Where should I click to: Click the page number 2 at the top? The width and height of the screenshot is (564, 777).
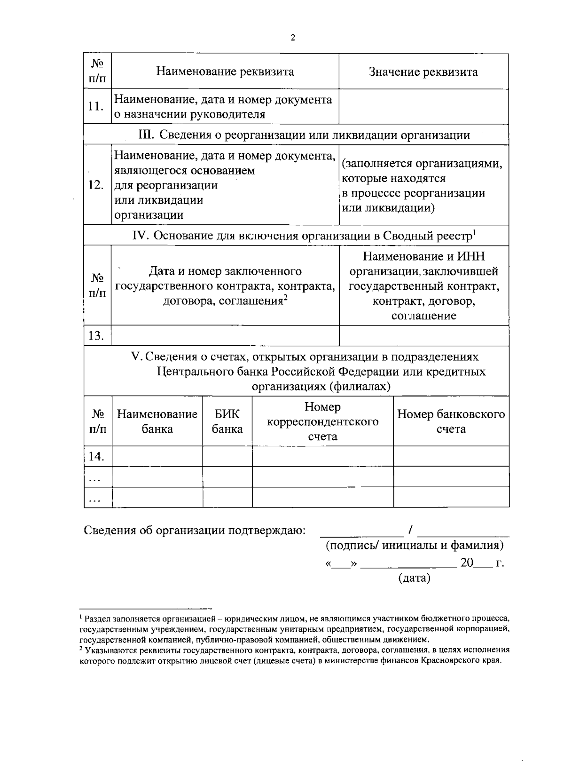pos(293,38)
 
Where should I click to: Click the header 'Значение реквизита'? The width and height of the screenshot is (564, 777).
pos(423,71)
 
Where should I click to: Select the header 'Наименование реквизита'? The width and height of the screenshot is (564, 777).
pos(225,71)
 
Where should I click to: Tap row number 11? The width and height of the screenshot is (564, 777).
pos(96,106)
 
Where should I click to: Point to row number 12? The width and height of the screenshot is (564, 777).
pos(96,185)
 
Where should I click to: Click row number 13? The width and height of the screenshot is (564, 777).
pos(96,336)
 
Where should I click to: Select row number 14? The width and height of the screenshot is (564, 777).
pos(96,456)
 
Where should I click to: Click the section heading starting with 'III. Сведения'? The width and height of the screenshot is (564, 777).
pos(304,135)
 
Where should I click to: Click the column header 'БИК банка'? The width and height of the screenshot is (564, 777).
pos(227,421)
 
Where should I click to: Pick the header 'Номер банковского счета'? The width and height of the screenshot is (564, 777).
pos(451,421)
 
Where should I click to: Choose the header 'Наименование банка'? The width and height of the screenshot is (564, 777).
pos(157,421)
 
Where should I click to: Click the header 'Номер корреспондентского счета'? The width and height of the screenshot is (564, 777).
pos(322,421)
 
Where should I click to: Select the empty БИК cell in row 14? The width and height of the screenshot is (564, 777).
pos(227,456)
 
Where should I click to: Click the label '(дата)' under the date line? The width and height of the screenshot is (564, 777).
pos(414,578)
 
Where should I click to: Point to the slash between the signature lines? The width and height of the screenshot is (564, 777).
pos(410,531)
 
